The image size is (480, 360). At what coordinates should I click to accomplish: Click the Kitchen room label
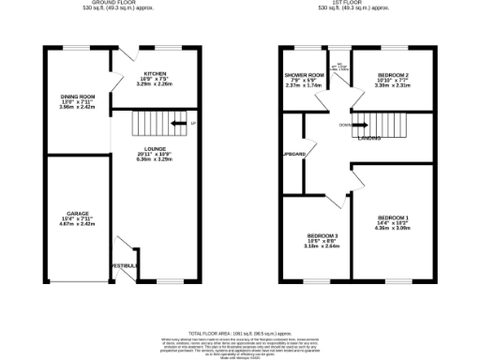pos(156,72)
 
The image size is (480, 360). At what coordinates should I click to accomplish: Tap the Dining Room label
pos(78,97)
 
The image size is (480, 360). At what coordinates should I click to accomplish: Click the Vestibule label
pos(125,266)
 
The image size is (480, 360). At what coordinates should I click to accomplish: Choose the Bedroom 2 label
pos(394,74)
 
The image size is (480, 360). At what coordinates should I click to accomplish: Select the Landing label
pos(368,139)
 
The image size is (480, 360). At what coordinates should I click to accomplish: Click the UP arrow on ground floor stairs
pos(192,124)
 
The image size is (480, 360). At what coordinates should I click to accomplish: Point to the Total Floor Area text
pos(240,333)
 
